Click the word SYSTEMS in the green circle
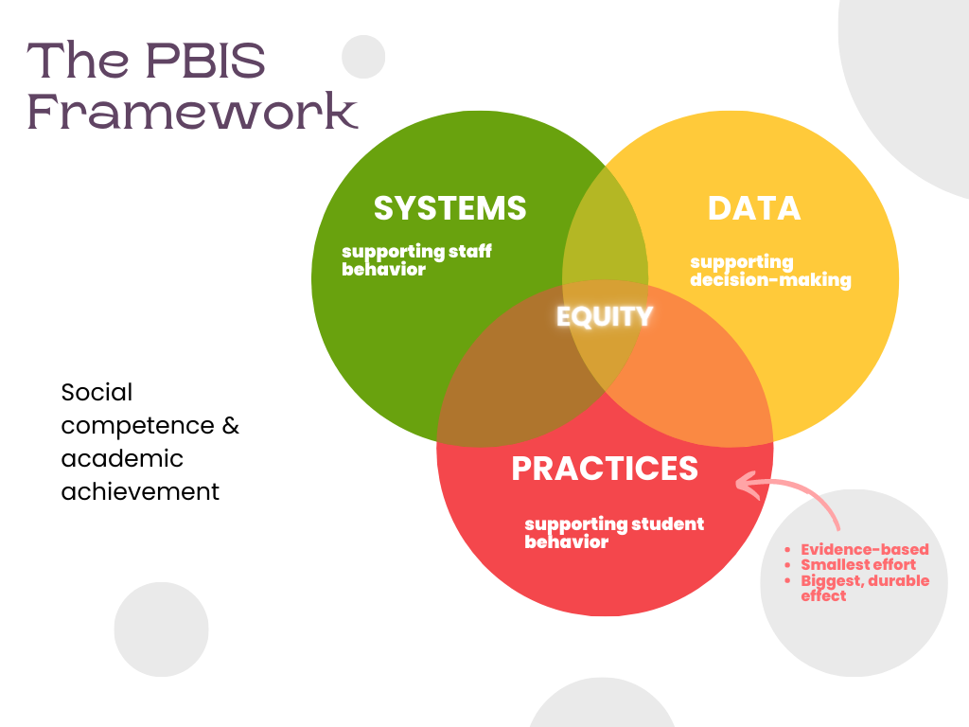click(x=449, y=208)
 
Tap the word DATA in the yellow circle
click(x=754, y=208)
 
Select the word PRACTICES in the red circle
click(x=605, y=468)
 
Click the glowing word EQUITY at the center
click(x=605, y=316)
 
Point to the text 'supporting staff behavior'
click(x=416, y=260)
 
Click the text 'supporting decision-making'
click(x=770, y=271)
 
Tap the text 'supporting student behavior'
click(x=614, y=532)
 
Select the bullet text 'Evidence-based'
click(x=864, y=549)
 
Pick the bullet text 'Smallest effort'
click(x=858, y=565)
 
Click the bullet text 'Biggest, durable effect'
click(x=864, y=588)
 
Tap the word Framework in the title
click(x=192, y=111)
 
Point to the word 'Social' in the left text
click(x=97, y=392)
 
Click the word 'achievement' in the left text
click(x=140, y=491)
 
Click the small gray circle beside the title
click(x=362, y=57)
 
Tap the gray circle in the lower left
click(x=161, y=629)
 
